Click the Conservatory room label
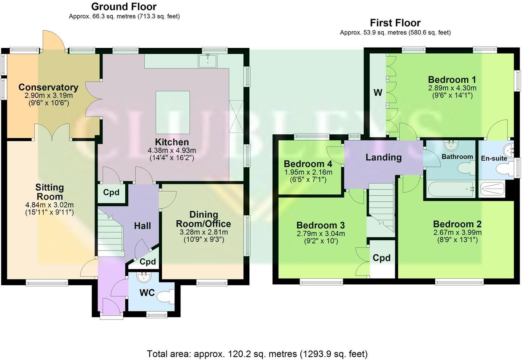click(x=48, y=87)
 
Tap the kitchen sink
click(x=208, y=61)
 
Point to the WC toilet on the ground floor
click(x=165, y=297)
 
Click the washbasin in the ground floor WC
click(x=144, y=277)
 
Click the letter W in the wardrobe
click(x=378, y=93)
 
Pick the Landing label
click(x=383, y=157)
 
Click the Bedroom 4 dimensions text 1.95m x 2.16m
click(x=308, y=172)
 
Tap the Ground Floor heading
click(x=124, y=7)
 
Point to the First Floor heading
click(x=395, y=23)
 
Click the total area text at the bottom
click(x=257, y=354)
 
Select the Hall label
click(x=142, y=226)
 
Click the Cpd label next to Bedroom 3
click(x=381, y=258)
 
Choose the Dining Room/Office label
click(x=204, y=219)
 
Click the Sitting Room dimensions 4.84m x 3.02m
click(x=49, y=205)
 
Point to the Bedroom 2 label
click(x=457, y=224)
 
